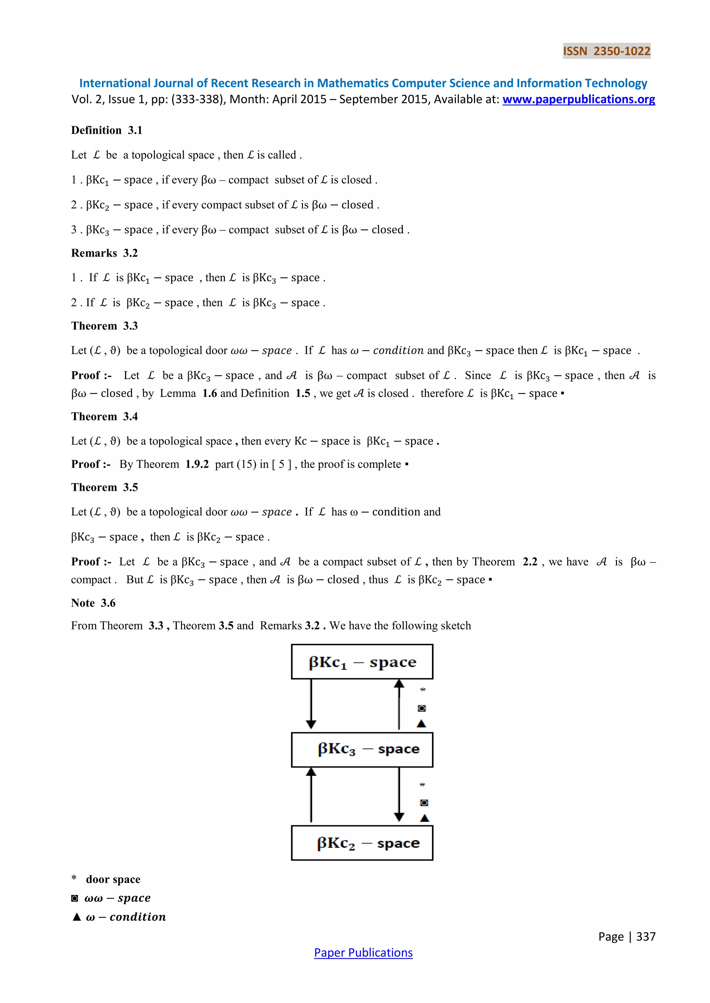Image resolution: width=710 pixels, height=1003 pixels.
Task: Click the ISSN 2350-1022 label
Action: (606, 51)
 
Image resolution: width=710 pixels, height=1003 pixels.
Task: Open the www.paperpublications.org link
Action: (578, 100)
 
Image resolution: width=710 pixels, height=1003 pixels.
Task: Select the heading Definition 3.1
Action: (107, 130)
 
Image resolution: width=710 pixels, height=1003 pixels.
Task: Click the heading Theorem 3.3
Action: (104, 326)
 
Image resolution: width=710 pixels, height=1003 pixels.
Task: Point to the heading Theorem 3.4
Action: (104, 416)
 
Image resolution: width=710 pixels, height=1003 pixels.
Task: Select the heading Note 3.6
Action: (93, 603)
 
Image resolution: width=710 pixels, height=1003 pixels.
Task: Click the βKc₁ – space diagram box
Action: (362, 662)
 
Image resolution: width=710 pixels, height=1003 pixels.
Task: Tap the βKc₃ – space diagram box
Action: (362, 749)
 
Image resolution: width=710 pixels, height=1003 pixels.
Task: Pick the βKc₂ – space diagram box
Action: (362, 843)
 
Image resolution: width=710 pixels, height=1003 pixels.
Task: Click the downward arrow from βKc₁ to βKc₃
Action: (311, 704)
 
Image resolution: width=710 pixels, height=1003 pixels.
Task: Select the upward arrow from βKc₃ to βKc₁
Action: (399, 704)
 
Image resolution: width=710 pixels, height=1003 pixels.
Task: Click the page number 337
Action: (645, 937)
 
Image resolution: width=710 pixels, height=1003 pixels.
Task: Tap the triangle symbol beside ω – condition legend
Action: (77, 917)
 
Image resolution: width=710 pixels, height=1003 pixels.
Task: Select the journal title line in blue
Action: (363, 83)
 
